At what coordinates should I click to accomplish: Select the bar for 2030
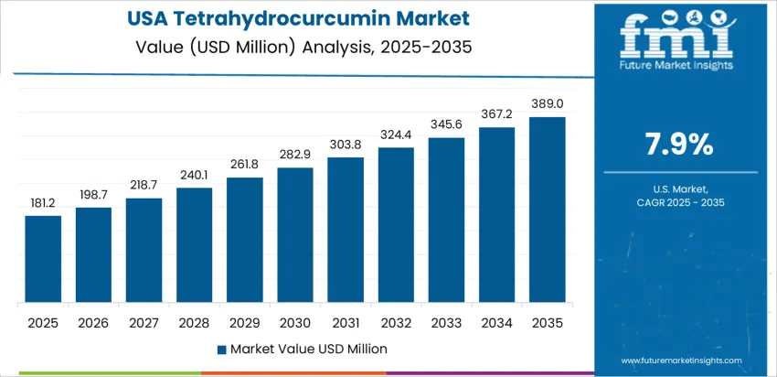(x=295, y=235)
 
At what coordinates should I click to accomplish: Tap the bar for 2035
(x=548, y=210)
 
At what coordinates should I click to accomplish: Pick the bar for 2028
(x=195, y=245)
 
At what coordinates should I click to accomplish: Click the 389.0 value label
(x=548, y=104)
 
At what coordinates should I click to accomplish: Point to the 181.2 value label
(x=43, y=203)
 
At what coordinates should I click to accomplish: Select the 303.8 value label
(x=346, y=145)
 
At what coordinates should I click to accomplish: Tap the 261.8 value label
(x=245, y=165)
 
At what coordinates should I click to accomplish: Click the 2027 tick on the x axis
(x=144, y=323)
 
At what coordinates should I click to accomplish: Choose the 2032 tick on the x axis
(x=396, y=323)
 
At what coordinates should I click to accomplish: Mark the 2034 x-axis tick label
(x=497, y=323)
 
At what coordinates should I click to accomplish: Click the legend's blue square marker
(x=222, y=349)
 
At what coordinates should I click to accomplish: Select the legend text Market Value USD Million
(x=308, y=349)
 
